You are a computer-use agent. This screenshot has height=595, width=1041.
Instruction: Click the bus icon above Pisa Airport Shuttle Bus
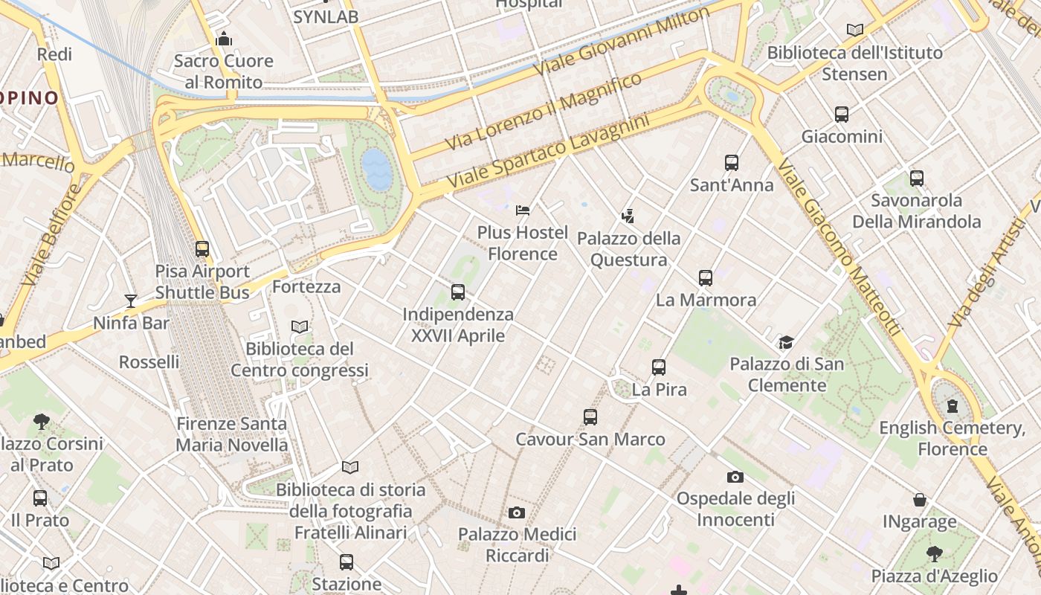202,249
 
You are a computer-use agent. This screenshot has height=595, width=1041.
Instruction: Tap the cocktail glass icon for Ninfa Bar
131,300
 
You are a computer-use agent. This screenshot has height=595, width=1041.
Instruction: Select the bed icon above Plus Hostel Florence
523,210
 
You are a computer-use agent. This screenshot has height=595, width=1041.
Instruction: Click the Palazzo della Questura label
628,249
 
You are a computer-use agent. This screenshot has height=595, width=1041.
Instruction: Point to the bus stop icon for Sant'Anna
732,162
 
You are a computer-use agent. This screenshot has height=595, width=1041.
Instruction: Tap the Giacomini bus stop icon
842,115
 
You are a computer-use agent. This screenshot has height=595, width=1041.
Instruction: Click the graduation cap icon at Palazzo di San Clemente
786,342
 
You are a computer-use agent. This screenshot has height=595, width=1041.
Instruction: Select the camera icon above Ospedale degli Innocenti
735,477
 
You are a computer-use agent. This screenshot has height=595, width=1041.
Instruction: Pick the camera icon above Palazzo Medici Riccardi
517,512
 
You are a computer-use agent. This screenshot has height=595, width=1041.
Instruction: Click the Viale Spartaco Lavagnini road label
549,150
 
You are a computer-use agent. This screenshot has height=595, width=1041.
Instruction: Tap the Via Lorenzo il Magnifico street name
543,112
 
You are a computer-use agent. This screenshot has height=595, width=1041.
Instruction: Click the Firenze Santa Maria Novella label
231,434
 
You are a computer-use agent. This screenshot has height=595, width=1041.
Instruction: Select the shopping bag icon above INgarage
920,500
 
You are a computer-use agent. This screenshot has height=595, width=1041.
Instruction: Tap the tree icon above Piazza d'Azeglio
935,553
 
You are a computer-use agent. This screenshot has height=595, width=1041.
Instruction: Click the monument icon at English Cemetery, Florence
953,406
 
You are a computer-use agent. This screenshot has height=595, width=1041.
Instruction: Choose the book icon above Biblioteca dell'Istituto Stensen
855,30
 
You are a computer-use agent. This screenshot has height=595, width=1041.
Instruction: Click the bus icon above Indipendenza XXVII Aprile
458,292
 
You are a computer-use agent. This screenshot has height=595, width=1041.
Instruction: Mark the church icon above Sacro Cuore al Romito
224,39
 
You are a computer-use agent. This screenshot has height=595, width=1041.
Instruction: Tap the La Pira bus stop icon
659,367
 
